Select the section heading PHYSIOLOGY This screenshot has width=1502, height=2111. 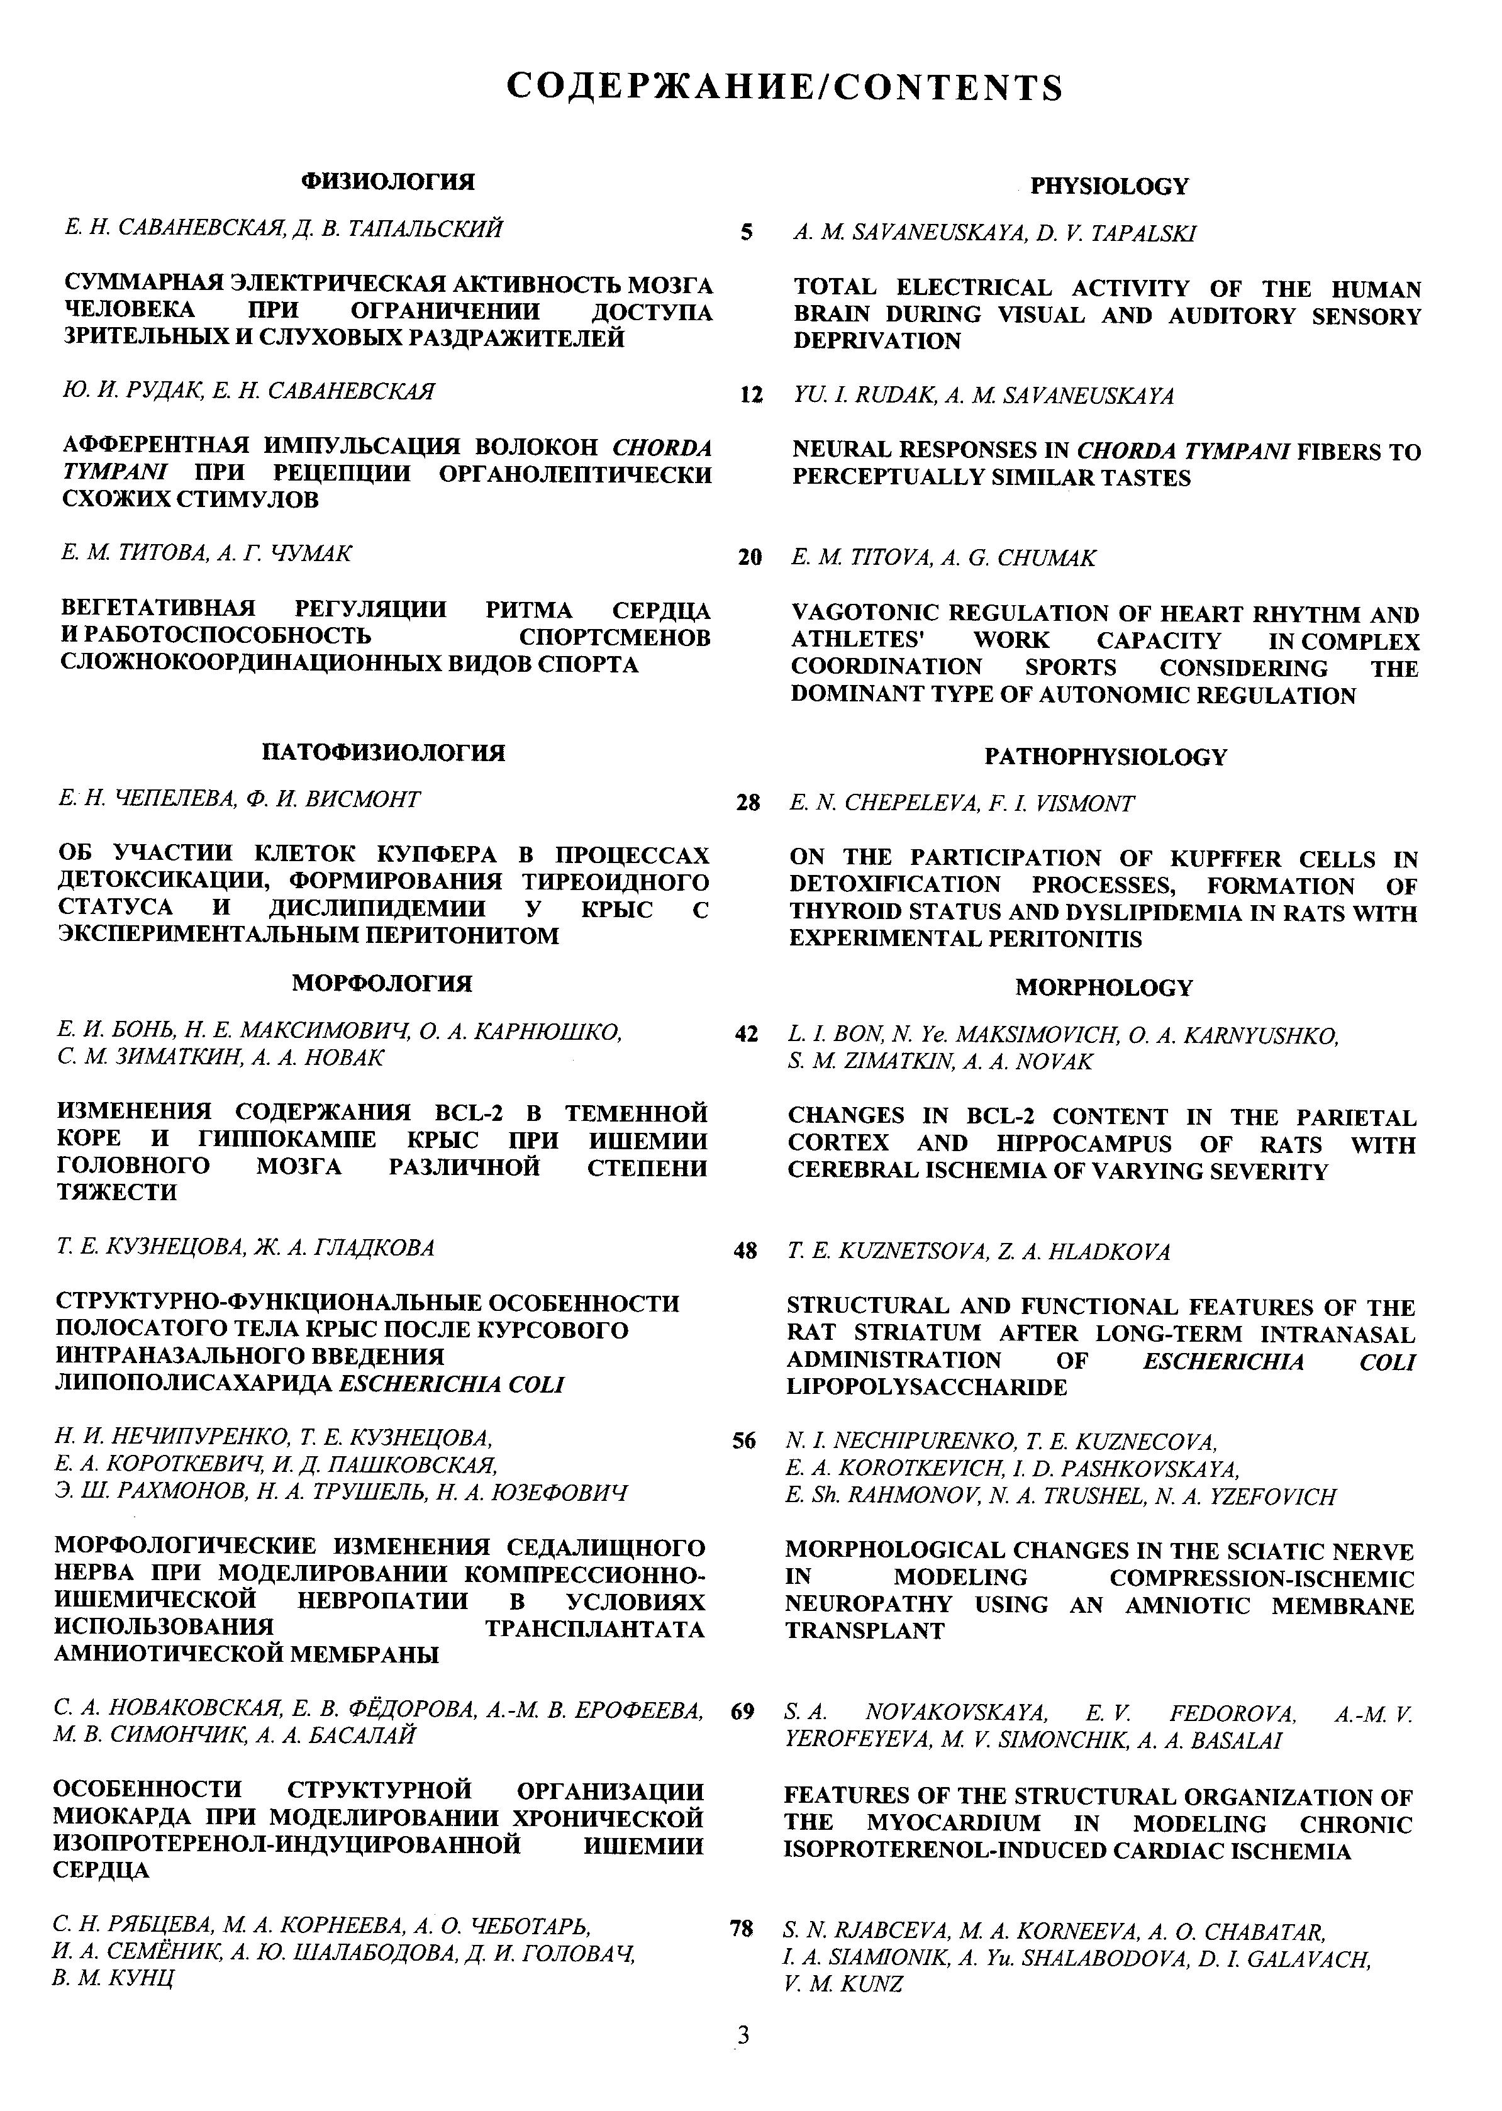tap(1109, 186)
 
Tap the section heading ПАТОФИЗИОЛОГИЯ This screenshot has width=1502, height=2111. tap(384, 752)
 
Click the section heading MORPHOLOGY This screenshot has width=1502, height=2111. tap(1103, 988)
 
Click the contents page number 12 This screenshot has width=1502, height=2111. tap(751, 396)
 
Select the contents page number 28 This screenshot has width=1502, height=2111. tap(747, 803)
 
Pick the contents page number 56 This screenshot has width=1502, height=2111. tap(743, 1440)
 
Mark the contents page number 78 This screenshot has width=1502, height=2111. tap(741, 1929)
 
